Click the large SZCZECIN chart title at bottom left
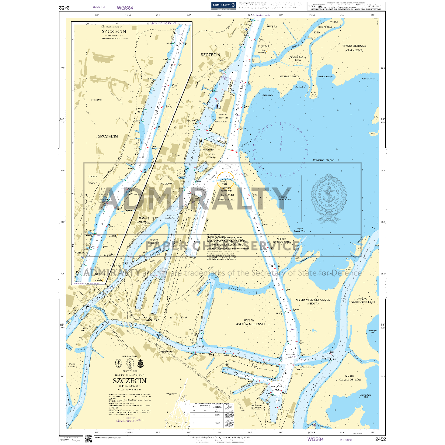(x=129, y=381)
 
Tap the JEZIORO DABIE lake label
(x=321, y=160)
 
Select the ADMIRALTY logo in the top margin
(x=224, y=5)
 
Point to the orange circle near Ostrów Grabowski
(x=225, y=180)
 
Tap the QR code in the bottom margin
(x=88, y=439)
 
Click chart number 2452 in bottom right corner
(x=380, y=439)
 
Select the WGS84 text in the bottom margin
(x=315, y=439)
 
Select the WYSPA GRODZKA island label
(x=150, y=241)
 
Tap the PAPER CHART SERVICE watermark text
(x=222, y=246)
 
